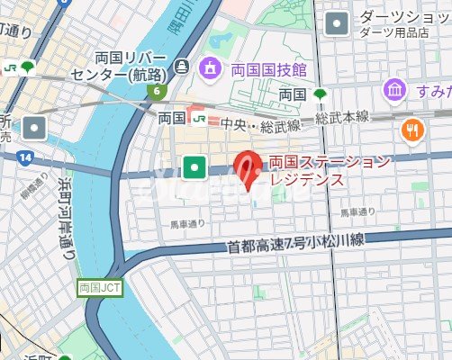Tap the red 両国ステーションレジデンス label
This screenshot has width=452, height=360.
(x=330, y=170)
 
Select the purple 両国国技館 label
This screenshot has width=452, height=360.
(x=268, y=68)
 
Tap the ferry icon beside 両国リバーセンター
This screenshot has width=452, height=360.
(x=183, y=66)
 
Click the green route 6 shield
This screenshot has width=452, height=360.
(x=158, y=91)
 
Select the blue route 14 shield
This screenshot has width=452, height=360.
(x=23, y=157)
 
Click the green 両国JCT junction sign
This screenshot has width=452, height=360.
(x=98, y=290)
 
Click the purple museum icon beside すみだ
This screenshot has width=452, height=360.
(x=393, y=90)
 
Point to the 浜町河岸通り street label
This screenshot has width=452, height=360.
(x=66, y=217)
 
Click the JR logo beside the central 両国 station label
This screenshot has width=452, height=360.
(x=199, y=117)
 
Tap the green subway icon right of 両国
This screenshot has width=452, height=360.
(x=320, y=93)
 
